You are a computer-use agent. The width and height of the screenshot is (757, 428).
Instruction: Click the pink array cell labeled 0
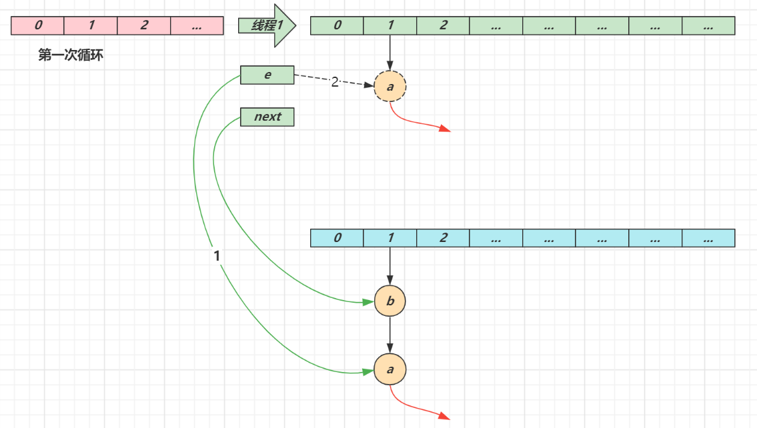pos(37,25)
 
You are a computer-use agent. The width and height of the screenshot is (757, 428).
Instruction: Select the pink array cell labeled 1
pos(91,25)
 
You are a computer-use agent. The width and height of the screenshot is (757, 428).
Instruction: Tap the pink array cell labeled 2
pos(144,25)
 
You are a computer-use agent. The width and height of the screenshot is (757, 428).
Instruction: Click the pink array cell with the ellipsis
pos(197,25)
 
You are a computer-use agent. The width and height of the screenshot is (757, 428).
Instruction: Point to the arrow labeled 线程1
pos(267,25)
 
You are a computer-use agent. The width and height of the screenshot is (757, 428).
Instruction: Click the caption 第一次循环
pos(71,55)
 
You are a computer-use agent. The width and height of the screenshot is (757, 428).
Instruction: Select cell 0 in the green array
pos(337,25)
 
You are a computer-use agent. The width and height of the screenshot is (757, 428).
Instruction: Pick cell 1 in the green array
pos(390,25)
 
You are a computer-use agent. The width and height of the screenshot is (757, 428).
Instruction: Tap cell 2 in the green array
pos(443,25)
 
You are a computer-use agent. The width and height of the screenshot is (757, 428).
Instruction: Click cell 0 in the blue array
pos(337,238)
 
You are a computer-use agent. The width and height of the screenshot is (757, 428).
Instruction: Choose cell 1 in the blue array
pos(390,238)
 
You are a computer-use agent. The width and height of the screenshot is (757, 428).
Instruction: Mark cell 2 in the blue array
pos(443,238)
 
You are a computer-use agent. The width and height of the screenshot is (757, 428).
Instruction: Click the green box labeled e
pos(267,75)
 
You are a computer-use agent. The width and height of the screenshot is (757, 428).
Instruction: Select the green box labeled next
pos(267,117)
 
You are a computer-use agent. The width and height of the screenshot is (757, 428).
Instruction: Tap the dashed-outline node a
pos(390,87)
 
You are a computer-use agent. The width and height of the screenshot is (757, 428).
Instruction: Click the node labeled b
pos(390,301)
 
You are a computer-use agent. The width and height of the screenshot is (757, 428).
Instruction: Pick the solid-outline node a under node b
pos(390,369)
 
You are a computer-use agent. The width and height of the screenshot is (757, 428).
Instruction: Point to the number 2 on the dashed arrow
pos(335,82)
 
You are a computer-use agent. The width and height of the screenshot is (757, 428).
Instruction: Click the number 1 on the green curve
pos(217,256)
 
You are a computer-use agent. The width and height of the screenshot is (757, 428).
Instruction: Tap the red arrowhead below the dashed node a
pos(445,129)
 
